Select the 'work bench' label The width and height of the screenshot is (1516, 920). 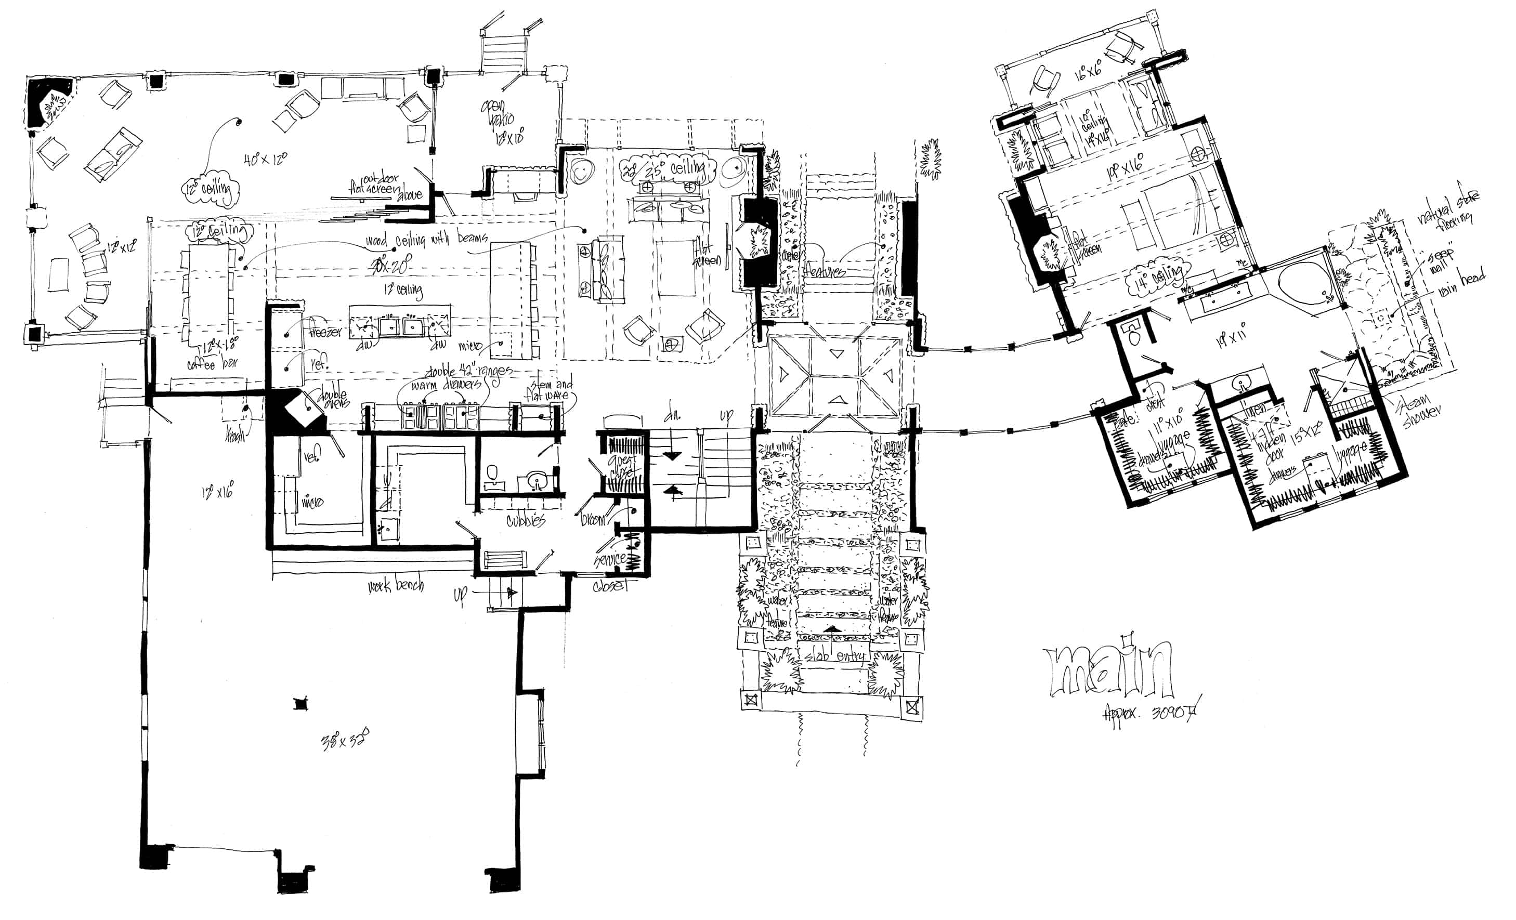pos(396,585)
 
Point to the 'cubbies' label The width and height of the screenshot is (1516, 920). pos(526,520)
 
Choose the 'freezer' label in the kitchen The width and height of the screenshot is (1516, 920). pos(324,332)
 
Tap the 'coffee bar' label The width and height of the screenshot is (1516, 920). pos(212,363)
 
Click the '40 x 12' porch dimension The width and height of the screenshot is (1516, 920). pos(265,159)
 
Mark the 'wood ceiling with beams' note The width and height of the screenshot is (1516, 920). pos(426,239)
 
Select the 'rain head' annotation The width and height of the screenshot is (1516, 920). pos(1461,283)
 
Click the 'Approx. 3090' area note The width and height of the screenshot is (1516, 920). pos(1150,715)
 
